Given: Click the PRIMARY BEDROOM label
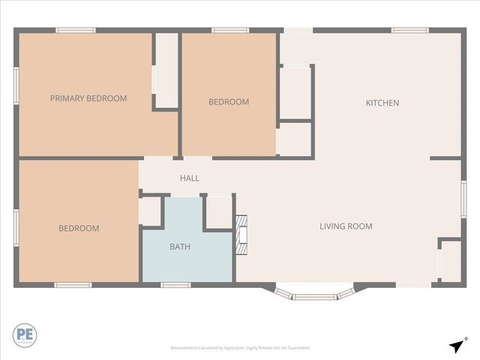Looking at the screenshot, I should click(x=88, y=98).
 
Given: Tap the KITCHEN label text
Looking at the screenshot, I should click(x=382, y=103).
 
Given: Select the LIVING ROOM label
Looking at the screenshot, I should click(x=346, y=226).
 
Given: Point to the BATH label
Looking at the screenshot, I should click(x=180, y=246).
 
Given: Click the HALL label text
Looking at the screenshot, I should click(x=189, y=178).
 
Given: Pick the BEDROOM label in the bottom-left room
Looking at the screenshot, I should click(x=79, y=229).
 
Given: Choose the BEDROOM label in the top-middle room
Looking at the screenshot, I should click(x=229, y=102).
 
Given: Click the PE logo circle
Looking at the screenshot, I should click(x=24, y=335).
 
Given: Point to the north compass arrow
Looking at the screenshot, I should click(x=457, y=345).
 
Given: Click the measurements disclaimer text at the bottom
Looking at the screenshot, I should click(x=240, y=348).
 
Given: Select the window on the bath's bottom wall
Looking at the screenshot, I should click(x=176, y=285).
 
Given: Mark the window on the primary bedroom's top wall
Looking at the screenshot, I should click(x=76, y=30).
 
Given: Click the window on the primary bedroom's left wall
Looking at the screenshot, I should click(x=16, y=83).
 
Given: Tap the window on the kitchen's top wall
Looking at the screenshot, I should click(x=409, y=30).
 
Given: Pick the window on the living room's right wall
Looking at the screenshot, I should click(x=463, y=199).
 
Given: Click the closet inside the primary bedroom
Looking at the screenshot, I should click(x=166, y=71).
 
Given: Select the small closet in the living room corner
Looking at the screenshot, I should click(x=450, y=261).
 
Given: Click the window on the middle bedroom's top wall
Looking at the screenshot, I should click(x=230, y=30).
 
